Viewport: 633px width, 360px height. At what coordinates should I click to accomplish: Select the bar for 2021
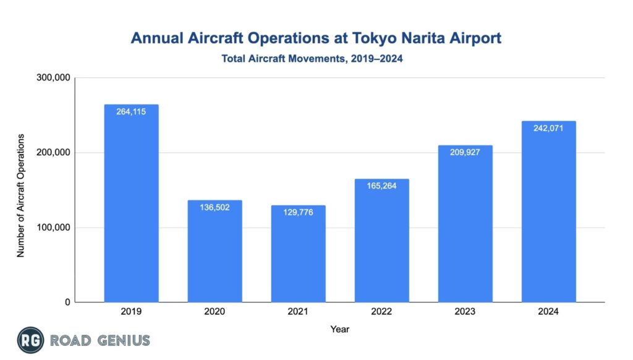pos(298,254)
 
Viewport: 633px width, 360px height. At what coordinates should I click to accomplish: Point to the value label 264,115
pos(131,112)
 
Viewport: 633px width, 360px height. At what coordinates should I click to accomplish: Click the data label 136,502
pos(215,208)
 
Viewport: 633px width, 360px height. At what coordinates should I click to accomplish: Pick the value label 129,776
pos(298,213)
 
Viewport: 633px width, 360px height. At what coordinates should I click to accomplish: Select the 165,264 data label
pos(381,186)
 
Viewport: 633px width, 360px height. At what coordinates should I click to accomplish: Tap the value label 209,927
pos(465,153)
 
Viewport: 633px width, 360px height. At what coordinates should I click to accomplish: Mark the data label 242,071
pos(548,129)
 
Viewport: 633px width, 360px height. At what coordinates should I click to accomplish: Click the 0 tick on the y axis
pos(67,302)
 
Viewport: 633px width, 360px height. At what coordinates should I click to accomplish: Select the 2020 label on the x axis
pos(215,312)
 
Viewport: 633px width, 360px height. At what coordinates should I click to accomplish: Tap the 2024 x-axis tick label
pos(548,312)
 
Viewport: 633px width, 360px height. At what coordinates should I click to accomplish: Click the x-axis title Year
pos(339,329)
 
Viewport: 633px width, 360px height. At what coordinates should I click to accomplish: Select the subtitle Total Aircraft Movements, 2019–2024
pos(316,59)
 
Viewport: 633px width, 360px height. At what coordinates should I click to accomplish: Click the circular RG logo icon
pos(30,340)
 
